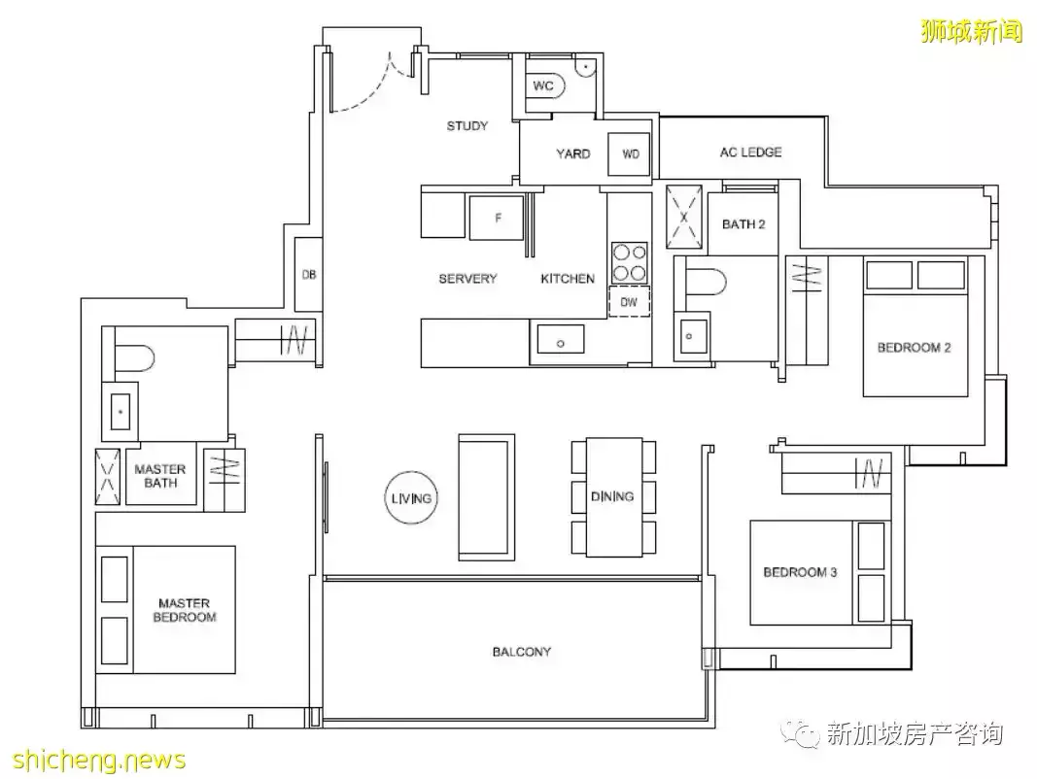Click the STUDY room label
point(467,125)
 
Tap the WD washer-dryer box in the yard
point(629,153)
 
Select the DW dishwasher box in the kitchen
point(629,301)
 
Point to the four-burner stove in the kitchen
point(629,263)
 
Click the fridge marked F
point(497,218)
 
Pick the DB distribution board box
point(308,274)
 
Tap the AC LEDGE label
point(750,152)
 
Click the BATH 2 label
point(743,224)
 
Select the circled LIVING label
point(411,498)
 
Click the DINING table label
point(612,496)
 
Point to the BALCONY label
point(521,652)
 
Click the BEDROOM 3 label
point(800,571)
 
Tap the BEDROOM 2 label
point(914,348)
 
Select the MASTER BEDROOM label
point(185,610)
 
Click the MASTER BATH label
point(160,476)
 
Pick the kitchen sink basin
point(560,339)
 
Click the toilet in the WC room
point(548,85)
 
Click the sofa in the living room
point(487,497)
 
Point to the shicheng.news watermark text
point(98,760)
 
